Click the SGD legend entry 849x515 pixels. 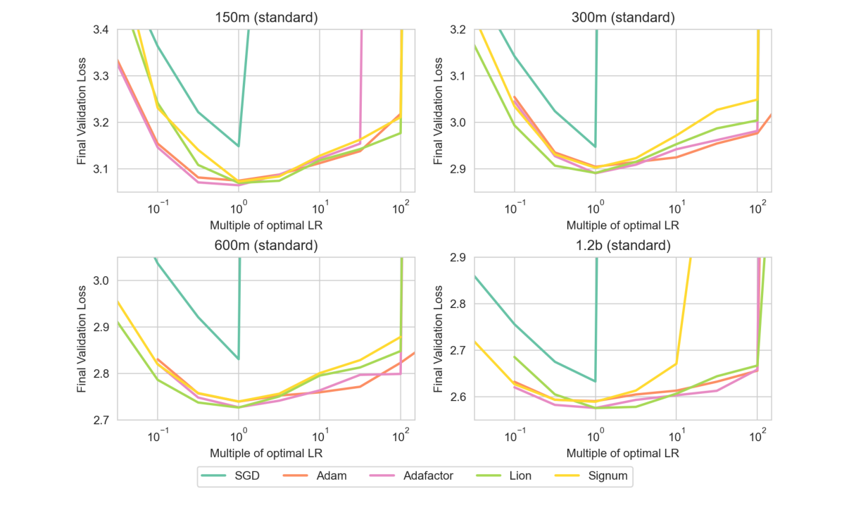point(232,476)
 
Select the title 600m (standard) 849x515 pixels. point(266,246)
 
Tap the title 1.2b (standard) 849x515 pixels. point(622,246)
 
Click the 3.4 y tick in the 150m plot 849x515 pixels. point(100,30)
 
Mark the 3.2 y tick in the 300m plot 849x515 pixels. point(457,30)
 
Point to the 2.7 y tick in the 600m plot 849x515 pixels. point(100,420)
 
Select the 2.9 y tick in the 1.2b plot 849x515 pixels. point(457,258)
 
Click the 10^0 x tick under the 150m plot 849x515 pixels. point(238,208)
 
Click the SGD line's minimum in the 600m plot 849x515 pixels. point(239,359)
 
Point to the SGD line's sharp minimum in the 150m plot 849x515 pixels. point(239,146)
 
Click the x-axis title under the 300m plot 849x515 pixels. point(622,225)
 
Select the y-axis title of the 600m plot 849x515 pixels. point(82,339)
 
